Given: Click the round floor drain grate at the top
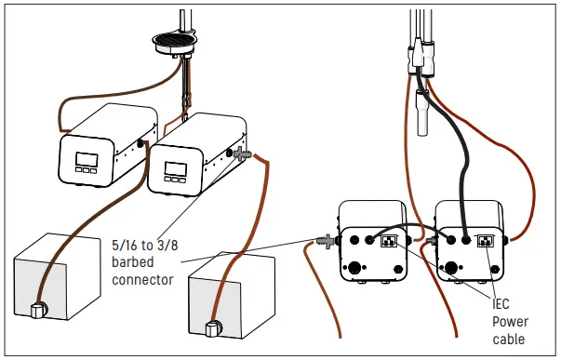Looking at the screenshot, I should coord(172,42).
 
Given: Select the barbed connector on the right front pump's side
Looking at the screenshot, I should coord(243,153).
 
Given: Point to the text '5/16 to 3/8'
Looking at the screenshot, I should coord(140,247).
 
